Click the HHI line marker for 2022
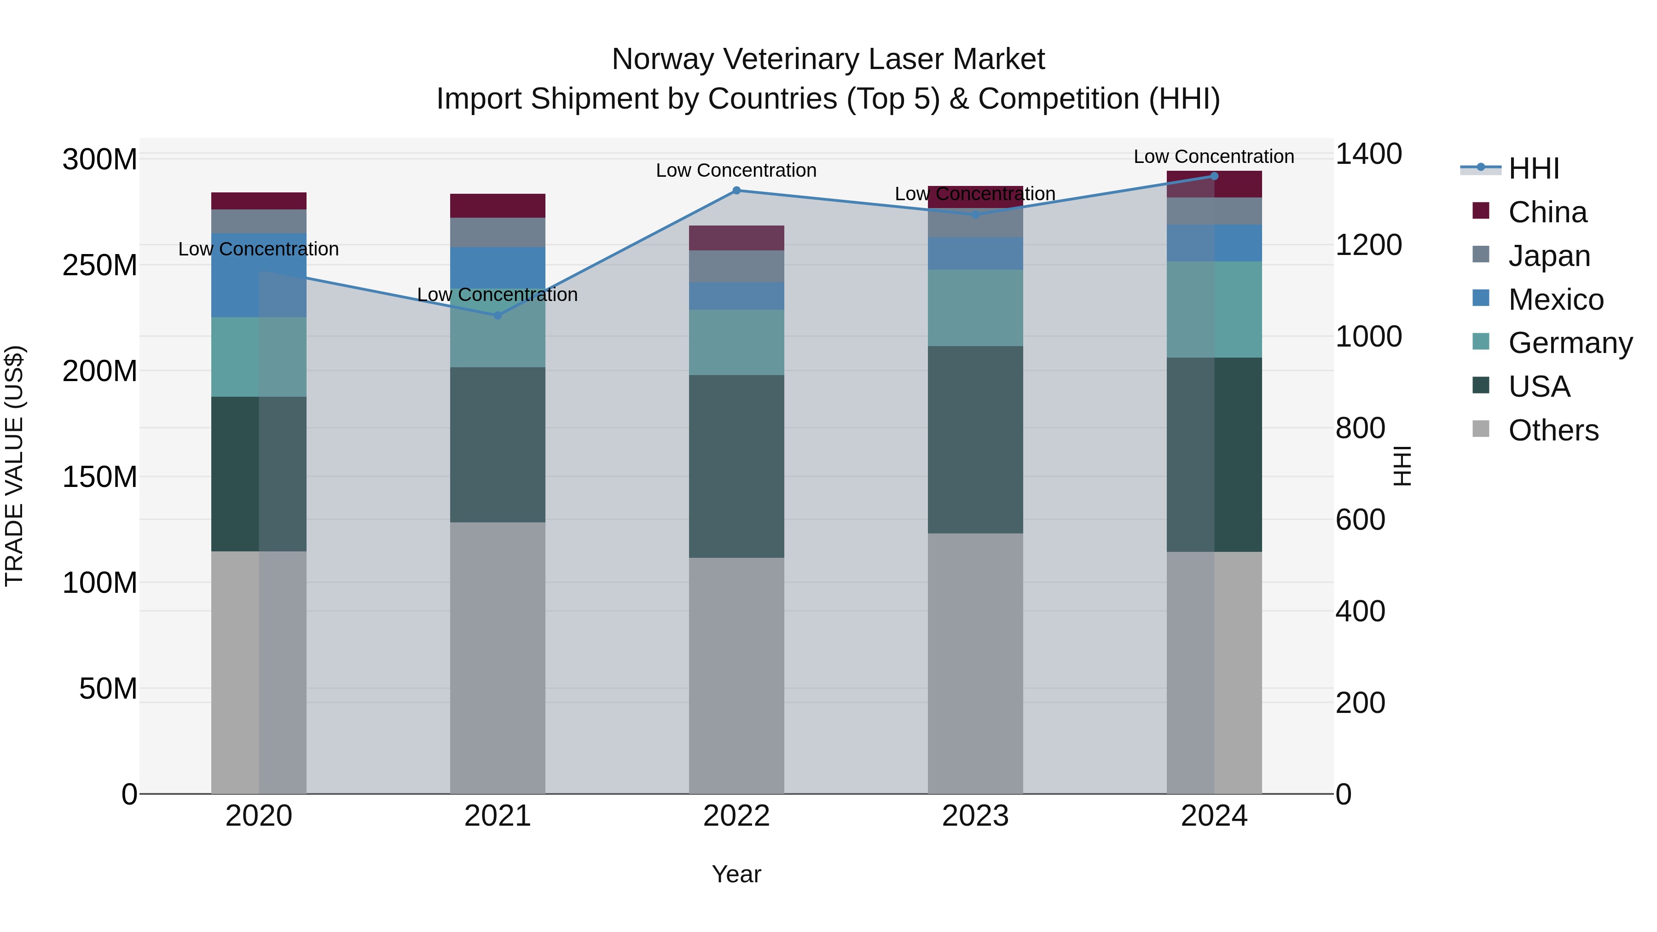pos(736,191)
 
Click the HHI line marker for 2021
pos(497,315)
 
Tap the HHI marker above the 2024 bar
pos(1214,176)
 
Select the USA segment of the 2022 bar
pos(736,466)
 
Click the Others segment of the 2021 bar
pos(497,657)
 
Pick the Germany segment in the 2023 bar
pos(975,308)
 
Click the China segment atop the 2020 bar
pos(259,201)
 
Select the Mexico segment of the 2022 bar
pos(736,296)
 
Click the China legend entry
pos(1547,212)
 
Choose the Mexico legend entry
pos(1555,300)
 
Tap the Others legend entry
pos(1553,430)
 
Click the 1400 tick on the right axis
pos(1368,154)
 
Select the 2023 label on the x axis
pos(975,816)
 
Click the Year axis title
pos(736,874)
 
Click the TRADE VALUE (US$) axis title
pos(14,466)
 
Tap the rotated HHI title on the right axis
pos(1401,466)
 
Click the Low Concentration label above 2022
pos(736,170)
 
